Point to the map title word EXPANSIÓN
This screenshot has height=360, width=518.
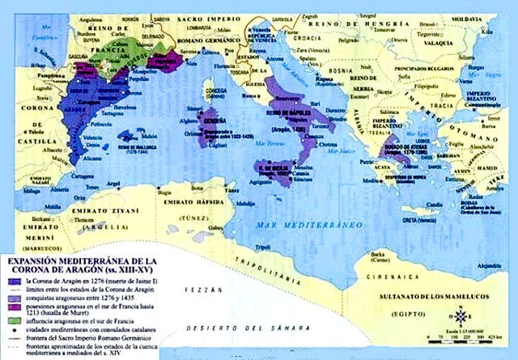point(32,261)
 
